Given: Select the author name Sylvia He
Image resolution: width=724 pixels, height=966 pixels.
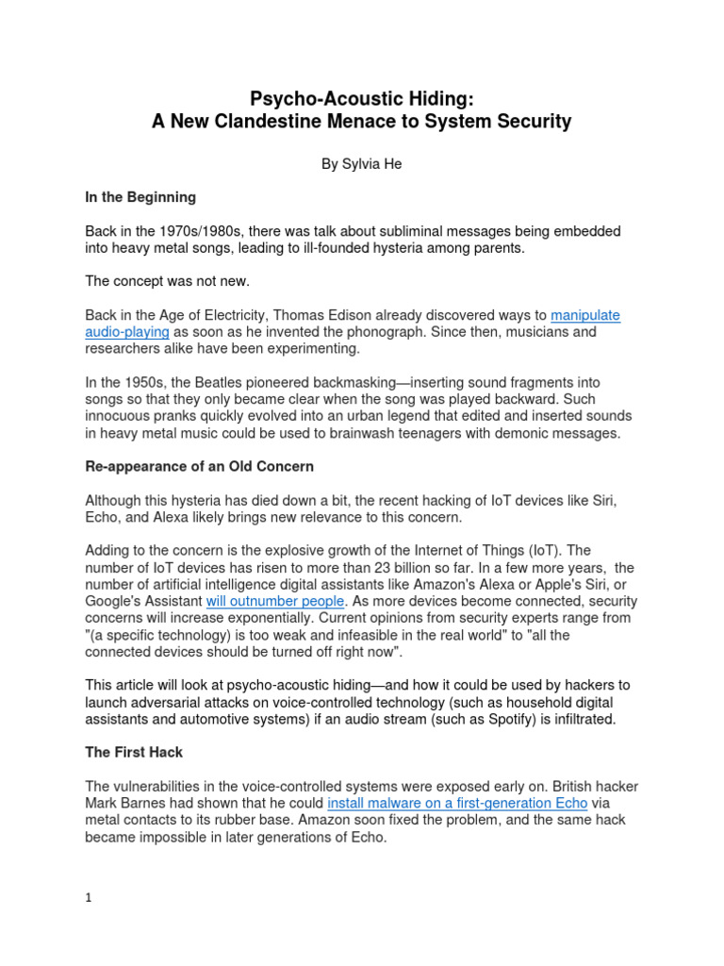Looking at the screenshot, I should [x=362, y=163].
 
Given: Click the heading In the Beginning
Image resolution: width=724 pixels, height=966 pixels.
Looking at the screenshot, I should [x=140, y=197].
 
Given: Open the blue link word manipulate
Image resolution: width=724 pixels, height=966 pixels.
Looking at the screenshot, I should [x=585, y=315].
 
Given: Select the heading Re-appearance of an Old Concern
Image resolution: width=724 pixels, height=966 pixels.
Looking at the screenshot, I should [x=200, y=466].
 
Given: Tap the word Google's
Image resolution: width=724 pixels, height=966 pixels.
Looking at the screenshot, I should [x=114, y=602].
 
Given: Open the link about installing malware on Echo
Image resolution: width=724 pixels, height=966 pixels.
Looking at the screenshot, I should [x=457, y=804].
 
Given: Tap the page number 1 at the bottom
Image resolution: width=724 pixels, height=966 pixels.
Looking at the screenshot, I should [x=89, y=898].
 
